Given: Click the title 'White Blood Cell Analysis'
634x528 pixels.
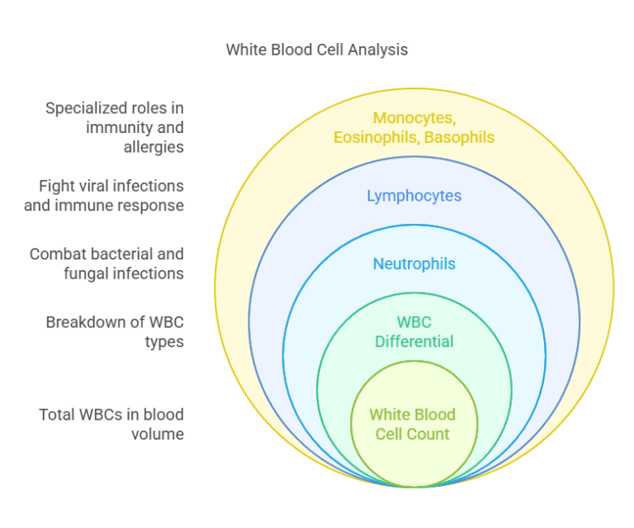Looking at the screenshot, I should tap(317, 50).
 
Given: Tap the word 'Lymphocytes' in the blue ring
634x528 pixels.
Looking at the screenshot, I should tap(414, 196).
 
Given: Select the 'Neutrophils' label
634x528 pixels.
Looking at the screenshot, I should tap(414, 264).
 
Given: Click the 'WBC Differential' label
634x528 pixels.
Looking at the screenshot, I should tap(414, 331).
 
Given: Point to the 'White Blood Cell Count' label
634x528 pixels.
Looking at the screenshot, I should tap(412, 424).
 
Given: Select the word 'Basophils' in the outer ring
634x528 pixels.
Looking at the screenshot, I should tap(459, 137).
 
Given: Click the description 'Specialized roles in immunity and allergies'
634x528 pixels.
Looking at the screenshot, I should tap(116, 127).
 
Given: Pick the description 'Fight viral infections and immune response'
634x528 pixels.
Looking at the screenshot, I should tap(105, 196).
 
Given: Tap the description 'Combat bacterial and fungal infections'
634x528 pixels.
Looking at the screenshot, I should tap(107, 264).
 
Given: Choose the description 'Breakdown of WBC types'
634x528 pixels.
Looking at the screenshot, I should tap(116, 331).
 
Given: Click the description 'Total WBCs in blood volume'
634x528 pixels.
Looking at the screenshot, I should tap(111, 424).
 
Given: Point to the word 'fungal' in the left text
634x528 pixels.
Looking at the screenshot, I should tap(87, 274).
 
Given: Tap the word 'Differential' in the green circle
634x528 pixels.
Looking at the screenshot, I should tap(414, 341).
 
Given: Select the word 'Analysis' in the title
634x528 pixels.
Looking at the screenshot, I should tap(377, 50).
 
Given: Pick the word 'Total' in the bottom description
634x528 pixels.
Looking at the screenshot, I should tap(58, 414).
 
